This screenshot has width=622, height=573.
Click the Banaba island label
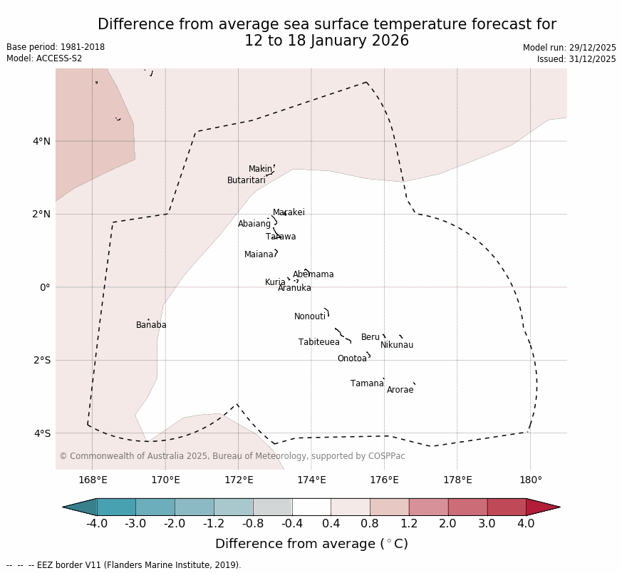pos(151,325)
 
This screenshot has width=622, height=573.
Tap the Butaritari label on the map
pos(247,180)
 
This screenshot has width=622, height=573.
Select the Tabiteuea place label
pos(319,342)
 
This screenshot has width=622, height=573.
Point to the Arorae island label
pos(400,390)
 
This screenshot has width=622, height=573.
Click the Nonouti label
pos(310,316)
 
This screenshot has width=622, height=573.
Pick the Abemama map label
pos(313,274)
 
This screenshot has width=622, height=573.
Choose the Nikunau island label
pos(397,345)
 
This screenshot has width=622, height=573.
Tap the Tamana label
pos(367,383)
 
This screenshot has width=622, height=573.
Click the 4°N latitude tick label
pos(41,141)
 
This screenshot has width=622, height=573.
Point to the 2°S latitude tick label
pos(41,360)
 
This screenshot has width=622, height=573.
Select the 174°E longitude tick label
pos(311,480)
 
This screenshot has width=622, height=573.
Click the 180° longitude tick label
pos(531,480)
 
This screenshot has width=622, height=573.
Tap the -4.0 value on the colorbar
pos(97,524)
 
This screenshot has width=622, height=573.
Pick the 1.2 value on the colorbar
pos(409,524)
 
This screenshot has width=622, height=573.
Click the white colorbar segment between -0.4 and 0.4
pos(311,507)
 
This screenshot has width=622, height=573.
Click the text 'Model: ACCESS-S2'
pos(44,58)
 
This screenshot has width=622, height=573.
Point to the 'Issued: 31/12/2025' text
pos(576,59)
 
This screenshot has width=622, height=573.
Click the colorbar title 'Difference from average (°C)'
pos(311,544)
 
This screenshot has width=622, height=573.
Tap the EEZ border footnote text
pos(124,565)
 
